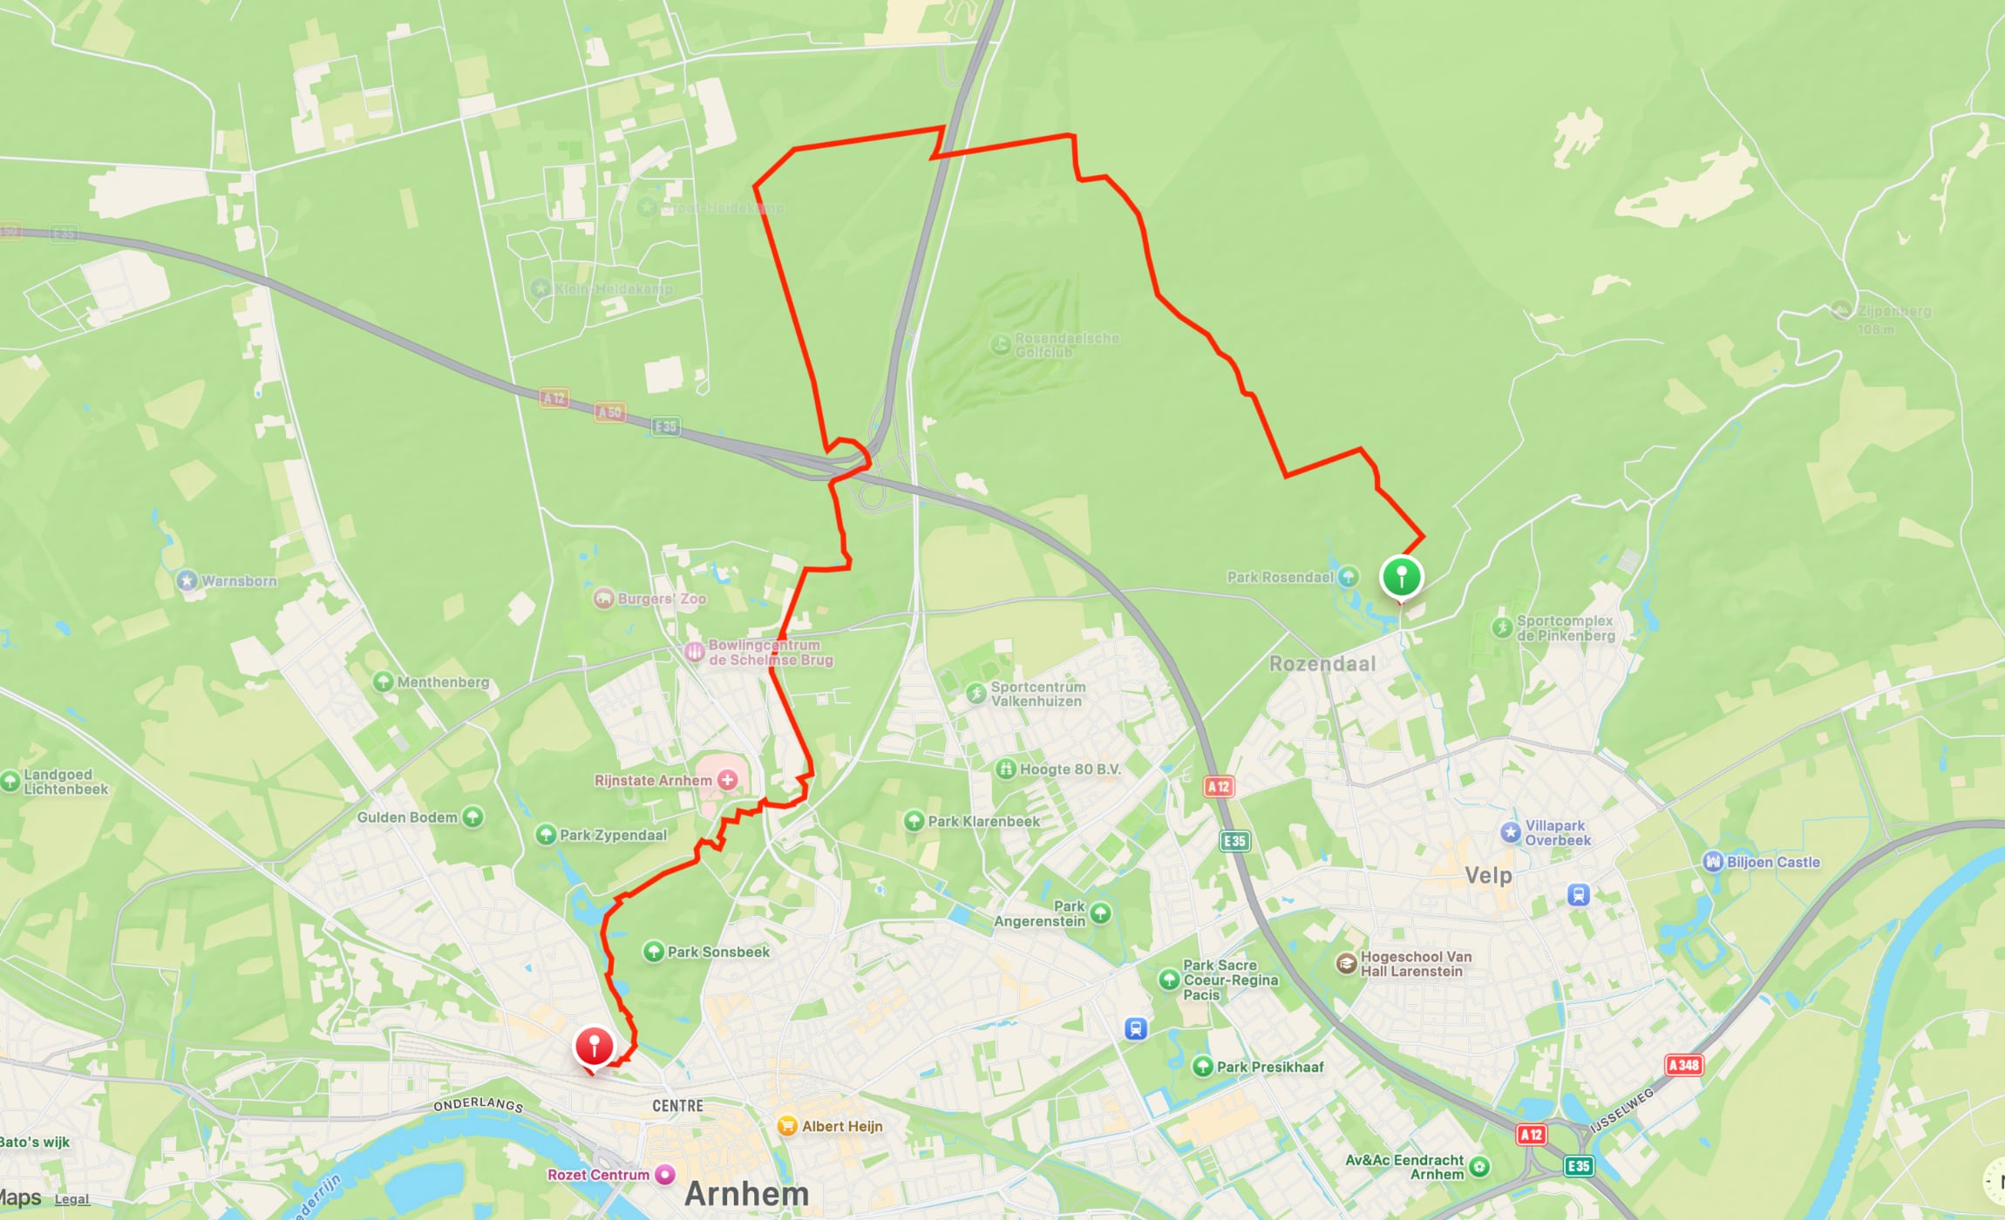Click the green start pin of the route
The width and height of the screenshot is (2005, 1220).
point(1401,578)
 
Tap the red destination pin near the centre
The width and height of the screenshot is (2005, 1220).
point(594,1046)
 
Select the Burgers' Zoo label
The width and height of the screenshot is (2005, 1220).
point(662,599)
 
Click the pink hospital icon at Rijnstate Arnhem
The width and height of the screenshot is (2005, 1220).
point(727,780)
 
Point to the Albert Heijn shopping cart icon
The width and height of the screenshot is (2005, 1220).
point(787,1126)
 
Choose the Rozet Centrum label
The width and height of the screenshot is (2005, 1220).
point(598,1175)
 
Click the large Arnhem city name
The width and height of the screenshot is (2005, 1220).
point(746,1194)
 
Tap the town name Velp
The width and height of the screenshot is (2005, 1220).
point(1488,875)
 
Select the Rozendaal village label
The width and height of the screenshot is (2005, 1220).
point(1322,664)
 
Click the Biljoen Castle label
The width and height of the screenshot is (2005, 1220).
point(1773,862)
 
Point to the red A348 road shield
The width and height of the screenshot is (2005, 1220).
point(1683,1065)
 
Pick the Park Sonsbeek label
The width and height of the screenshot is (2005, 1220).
point(718,952)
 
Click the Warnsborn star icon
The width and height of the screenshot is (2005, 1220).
point(187,580)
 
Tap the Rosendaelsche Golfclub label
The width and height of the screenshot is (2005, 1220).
point(1066,345)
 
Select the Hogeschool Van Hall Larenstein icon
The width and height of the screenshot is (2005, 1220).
point(1346,963)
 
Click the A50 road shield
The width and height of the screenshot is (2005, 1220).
point(609,412)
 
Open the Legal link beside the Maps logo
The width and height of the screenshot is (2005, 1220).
point(71,1199)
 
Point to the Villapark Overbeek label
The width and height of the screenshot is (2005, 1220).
point(1557,833)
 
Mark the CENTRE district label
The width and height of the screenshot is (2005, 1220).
point(677,1106)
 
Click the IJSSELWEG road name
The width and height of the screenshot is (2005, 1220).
point(1621,1109)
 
